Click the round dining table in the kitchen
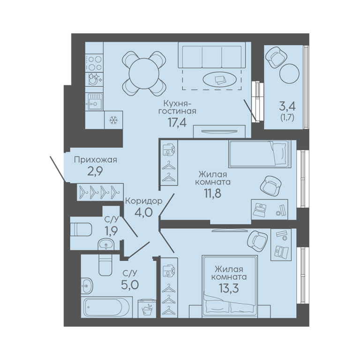[x=144, y=74]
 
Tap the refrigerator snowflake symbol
[x=113, y=120]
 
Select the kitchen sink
[x=94, y=101]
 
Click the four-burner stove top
[x=94, y=63]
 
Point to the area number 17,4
[x=177, y=123]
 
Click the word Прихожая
[x=96, y=160]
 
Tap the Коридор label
[x=144, y=201]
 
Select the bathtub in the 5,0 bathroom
[x=107, y=307]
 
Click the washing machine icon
[x=147, y=308]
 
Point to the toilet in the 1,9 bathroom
[x=81, y=229]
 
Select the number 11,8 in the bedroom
[x=213, y=193]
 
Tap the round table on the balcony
[x=289, y=74]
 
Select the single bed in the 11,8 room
[x=259, y=153]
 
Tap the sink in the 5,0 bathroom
[x=87, y=286]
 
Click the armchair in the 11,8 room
[x=271, y=186]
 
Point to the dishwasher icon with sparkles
[x=94, y=79]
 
